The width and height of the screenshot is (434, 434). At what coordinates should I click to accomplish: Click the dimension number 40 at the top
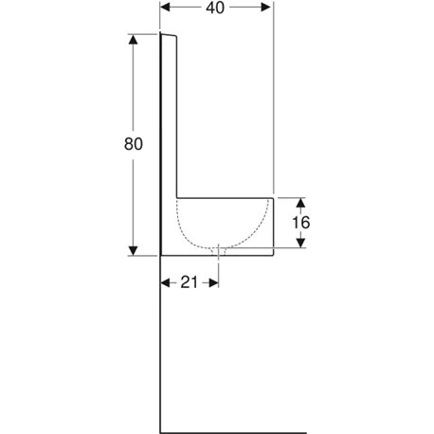pos(216,9)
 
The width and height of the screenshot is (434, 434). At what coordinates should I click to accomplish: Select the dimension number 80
pos(134,144)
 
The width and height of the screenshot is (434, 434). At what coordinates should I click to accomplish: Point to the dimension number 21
pos(190,282)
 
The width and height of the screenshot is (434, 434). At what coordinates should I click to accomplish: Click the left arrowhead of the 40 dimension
pos(165,9)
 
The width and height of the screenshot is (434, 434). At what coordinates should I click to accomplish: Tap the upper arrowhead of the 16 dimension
pos(301,202)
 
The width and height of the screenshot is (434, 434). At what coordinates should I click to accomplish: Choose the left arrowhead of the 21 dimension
pos(165,282)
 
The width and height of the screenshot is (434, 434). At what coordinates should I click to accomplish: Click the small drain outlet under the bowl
pos(219,250)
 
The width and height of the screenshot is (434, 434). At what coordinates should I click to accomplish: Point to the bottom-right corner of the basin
pos(274,255)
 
